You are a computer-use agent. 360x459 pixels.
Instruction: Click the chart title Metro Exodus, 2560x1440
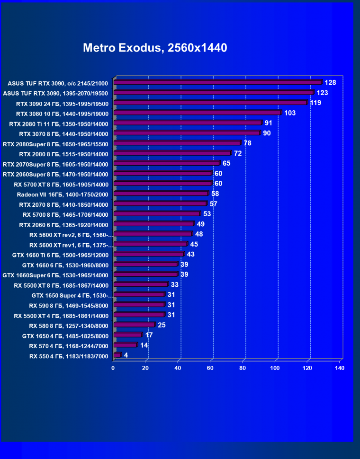[155, 48]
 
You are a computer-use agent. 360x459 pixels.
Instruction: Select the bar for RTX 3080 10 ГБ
[198, 113]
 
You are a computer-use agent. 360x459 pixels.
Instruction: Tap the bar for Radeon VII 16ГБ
[161, 194]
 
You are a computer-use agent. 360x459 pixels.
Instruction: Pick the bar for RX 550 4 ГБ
[117, 355]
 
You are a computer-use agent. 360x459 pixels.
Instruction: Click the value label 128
[330, 83]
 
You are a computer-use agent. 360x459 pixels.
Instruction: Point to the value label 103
[290, 113]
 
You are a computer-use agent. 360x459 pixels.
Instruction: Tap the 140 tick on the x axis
[339, 368]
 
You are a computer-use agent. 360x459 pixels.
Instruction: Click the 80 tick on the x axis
[243, 368]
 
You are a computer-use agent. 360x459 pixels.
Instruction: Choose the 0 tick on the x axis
[113, 368]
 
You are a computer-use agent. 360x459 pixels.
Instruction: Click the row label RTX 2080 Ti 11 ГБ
[59, 124]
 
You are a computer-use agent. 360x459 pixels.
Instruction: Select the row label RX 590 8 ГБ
[69, 305]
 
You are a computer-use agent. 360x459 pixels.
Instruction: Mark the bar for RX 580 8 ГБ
[134, 325]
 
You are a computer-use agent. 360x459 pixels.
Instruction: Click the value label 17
[149, 335]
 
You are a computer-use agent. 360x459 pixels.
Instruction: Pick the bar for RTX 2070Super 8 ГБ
[167, 163]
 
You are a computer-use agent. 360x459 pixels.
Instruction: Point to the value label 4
[126, 355]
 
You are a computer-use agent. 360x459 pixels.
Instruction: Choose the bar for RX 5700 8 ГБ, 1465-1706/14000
[157, 214]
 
